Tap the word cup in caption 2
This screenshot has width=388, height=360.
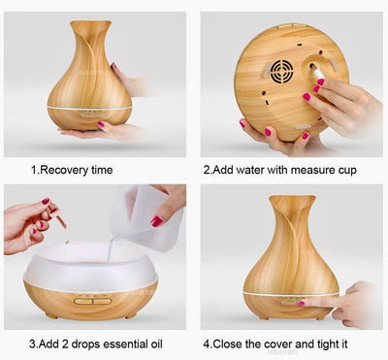tap(347, 171)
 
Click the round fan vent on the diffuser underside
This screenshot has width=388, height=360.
tap(281, 71)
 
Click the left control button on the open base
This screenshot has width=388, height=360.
tap(83, 302)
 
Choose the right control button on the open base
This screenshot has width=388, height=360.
tap(103, 302)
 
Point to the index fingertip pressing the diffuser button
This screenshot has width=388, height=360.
tap(302, 303)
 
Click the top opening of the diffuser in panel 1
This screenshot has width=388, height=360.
tap(91, 23)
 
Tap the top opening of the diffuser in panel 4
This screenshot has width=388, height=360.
tap(292, 198)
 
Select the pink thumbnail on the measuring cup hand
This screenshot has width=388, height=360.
tap(156, 221)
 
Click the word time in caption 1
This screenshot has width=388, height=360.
tap(102, 170)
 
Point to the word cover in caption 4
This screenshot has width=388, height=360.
tap(279, 344)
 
